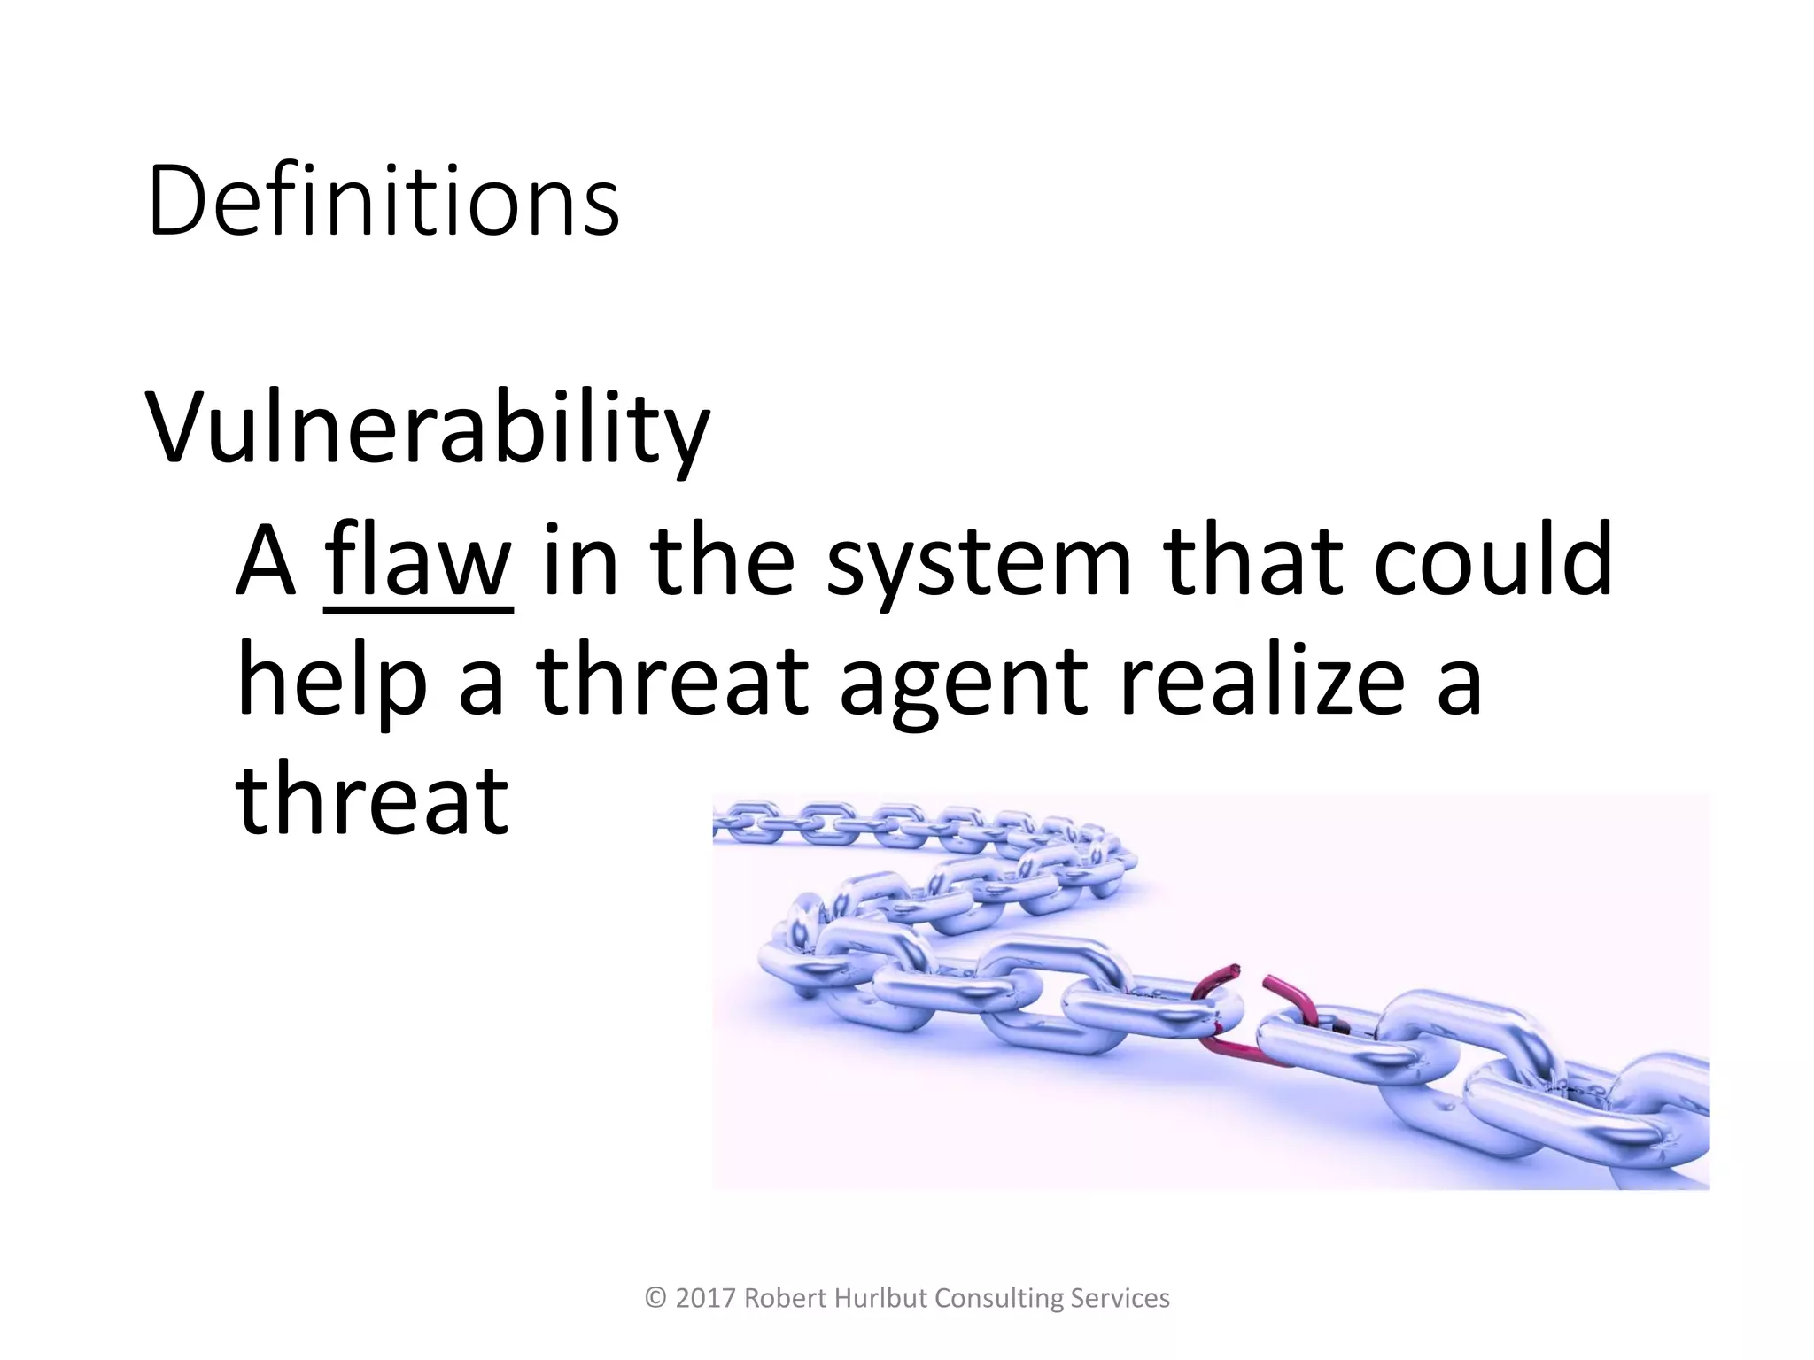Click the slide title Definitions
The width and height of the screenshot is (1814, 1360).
(x=383, y=202)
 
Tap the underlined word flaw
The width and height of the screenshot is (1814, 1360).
(x=418, y=560)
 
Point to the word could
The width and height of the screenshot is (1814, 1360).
(x=1492, y=560)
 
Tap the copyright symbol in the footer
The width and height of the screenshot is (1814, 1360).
(x=655, y=1298)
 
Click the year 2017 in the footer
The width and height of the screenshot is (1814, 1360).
(x=705, y=1298)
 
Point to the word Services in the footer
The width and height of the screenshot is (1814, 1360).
(x=1120, y=1298)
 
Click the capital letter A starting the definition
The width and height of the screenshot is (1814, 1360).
(x=264, y=560)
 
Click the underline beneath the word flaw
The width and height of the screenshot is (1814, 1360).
(x=418, y=609)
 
